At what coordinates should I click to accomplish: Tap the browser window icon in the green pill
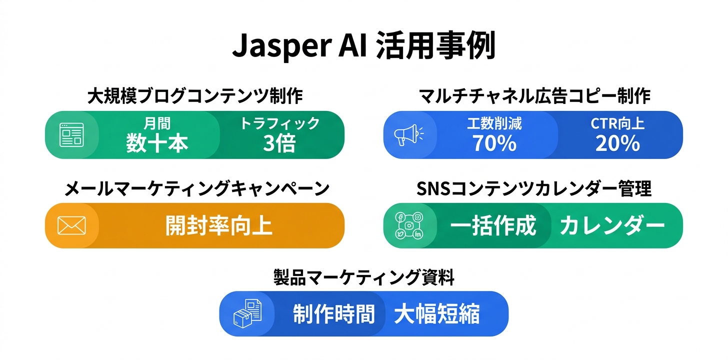(x=71, y=135)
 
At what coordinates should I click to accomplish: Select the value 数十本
(x=157, y=143)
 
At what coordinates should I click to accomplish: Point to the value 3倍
(x=279, y=143)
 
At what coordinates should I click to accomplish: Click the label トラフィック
(x=279, y=123)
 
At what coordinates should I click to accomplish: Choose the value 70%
(x=494, y=143)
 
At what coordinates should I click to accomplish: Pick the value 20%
(x=617, y=143)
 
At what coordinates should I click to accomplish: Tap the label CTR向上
(x=617, y=123)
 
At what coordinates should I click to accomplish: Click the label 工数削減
(x=494, y=123)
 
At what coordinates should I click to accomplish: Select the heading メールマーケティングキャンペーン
(x=197, y=189)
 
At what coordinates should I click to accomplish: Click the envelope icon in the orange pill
(x=71, y=225)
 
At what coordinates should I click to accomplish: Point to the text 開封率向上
(x=218, y=226)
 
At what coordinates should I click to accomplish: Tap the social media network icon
(x=408, y=225)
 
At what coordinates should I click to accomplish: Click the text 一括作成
(x=493, y=226)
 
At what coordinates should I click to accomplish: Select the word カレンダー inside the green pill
(x=612, y=226)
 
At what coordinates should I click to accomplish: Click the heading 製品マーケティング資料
(x=363, y=277)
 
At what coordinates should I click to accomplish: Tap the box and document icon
(x=247, y=313)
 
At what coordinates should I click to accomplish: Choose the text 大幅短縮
(x=436, y=314)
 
